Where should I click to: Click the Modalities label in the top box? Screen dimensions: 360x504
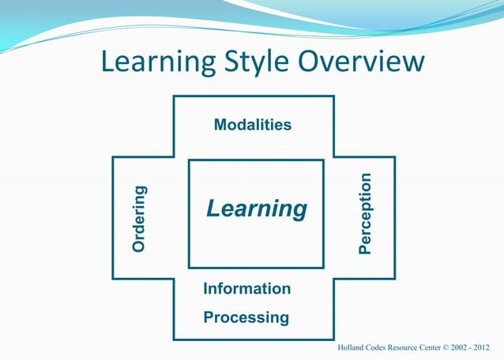pos(253,125)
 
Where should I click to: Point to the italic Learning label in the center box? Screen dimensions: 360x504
pos(257,209)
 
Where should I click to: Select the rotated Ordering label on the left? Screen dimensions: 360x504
pos(139,219)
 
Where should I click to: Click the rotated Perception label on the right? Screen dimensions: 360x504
pos(364,214)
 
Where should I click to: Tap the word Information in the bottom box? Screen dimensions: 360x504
pos(247,289)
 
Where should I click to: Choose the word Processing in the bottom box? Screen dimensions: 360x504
pos(246,318)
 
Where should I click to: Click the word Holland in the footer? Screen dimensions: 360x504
pos(352,347)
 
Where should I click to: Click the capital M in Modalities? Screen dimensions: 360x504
pos(220,125)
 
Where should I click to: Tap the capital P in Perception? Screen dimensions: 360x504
pos(364,248)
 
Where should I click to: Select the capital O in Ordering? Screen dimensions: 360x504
pos(139,246)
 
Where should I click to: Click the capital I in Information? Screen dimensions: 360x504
pos(206,289)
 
